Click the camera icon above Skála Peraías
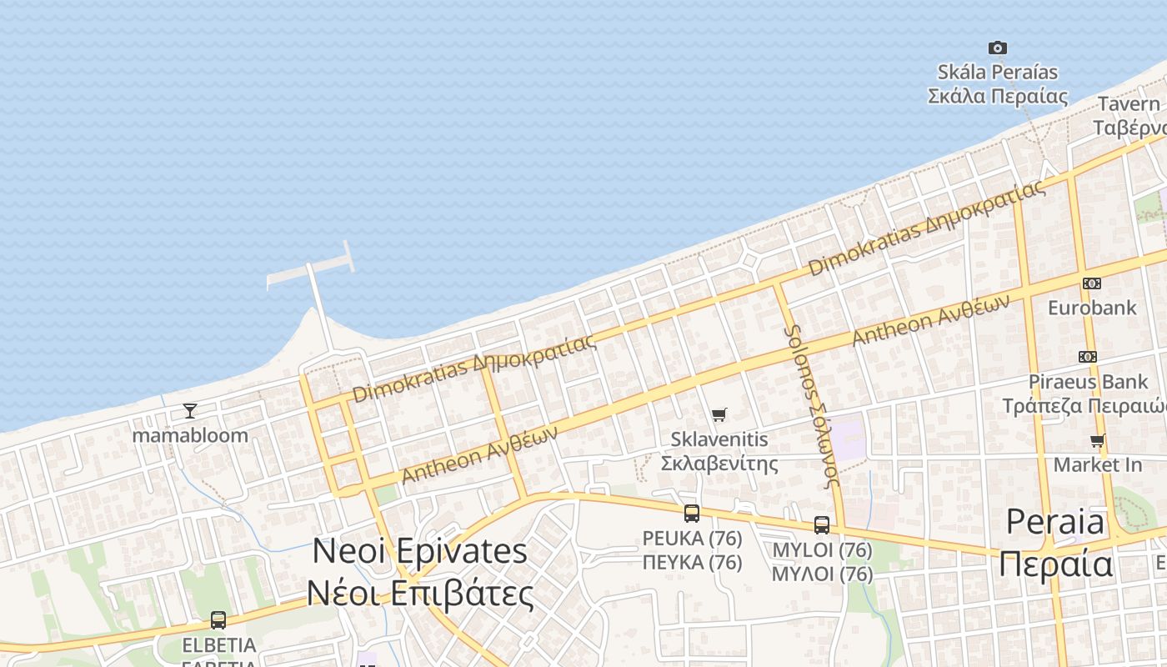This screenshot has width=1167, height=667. pos(997,48)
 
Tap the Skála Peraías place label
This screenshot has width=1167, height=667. pos(998,84)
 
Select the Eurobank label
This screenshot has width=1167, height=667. pos(1092,308)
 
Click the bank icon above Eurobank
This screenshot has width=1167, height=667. pos(1091,283)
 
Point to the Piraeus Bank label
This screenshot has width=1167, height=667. pos(1088,382)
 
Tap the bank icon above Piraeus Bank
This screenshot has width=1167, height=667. pos(1087,357)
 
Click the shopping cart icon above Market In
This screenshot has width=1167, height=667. pos(1098,440)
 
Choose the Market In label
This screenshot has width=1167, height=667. pos(1098,464)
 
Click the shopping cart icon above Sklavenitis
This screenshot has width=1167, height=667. pos(719,414)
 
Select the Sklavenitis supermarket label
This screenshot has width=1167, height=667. pos(719,450)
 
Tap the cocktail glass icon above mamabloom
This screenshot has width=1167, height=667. pos(190,411)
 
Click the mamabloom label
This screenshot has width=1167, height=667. pos(190,435)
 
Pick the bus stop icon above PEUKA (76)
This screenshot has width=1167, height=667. pos(692,514)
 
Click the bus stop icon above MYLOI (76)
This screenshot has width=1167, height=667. pos(822,525)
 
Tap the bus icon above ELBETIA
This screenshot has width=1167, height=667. pos(218,620)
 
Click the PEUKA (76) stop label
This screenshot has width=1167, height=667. pos(692,550)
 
